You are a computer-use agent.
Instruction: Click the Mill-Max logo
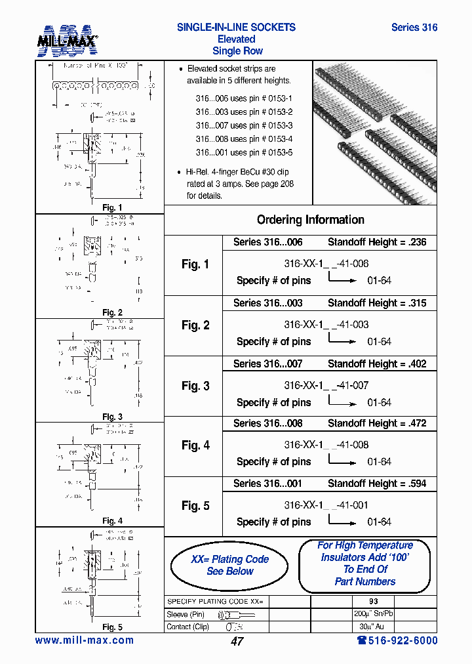pos(68,40)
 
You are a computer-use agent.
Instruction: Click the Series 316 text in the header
pos(414,28)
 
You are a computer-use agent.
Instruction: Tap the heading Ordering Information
pos(311,220)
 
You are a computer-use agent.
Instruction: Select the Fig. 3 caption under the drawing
pos(112,417)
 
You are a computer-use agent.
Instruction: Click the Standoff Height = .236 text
pos(377,242)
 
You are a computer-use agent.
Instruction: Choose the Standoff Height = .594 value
pos(377,484)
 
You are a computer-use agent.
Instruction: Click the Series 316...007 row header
pos(267,363)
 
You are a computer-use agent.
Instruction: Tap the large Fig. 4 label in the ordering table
pos(195,446)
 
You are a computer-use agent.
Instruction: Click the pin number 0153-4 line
pos(244,139)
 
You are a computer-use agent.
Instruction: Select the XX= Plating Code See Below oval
pos(229,565)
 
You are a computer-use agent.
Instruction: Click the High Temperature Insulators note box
pos(364,564)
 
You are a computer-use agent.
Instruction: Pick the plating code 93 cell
pos(374,601)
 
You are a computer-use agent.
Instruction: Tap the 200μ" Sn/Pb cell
pos(374,613)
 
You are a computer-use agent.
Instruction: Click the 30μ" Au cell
pos(374,626)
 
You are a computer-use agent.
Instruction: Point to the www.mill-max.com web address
pos(84,640)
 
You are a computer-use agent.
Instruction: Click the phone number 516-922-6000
pos(397,640)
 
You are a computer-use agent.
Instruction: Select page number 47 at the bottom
pos(237,641)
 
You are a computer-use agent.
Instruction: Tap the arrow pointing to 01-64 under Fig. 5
pos(342,524)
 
